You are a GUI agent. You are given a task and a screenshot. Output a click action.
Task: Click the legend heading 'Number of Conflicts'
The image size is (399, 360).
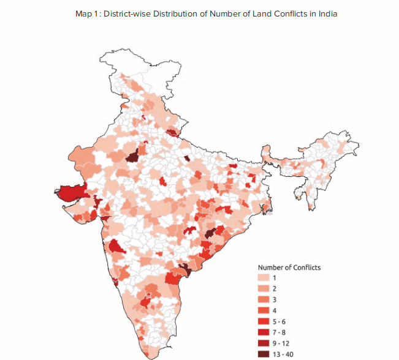tap(289, 267)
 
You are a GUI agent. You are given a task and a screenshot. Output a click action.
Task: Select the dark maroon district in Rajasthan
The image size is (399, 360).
tap(131, 157)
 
